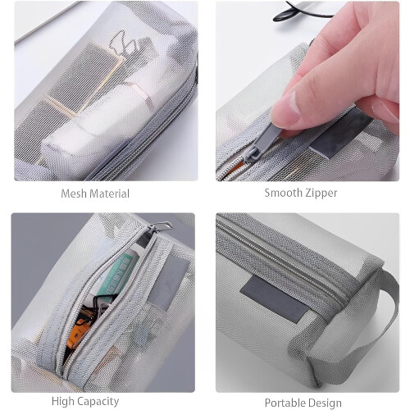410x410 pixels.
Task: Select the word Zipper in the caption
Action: click(321, 194)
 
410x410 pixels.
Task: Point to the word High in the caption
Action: click(62, 401)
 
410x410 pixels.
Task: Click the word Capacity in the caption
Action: click(98, 402)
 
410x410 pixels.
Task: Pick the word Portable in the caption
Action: click(283, 403)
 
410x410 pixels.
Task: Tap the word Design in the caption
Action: click(322, 403)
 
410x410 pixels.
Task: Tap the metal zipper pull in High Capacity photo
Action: click(161, 227)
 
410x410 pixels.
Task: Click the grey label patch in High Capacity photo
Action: click(169, 281)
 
